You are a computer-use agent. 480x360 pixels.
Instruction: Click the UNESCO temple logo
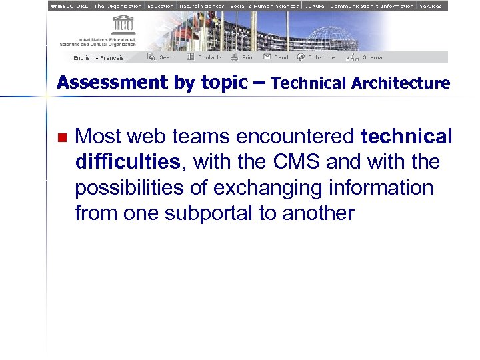coord(124,25)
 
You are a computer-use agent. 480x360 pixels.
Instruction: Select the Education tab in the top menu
coord(161,5)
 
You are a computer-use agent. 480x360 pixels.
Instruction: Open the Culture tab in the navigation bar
coord(314,5)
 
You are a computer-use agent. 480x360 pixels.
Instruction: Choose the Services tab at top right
coord(430,5)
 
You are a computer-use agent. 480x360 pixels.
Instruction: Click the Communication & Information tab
coord(371,5)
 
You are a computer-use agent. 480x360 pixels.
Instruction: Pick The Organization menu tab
coord(118,5)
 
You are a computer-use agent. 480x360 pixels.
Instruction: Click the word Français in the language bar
coord(113,58)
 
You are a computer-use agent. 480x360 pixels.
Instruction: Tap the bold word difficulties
coord(128,162)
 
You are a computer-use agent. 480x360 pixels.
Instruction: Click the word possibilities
coord(130,188)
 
